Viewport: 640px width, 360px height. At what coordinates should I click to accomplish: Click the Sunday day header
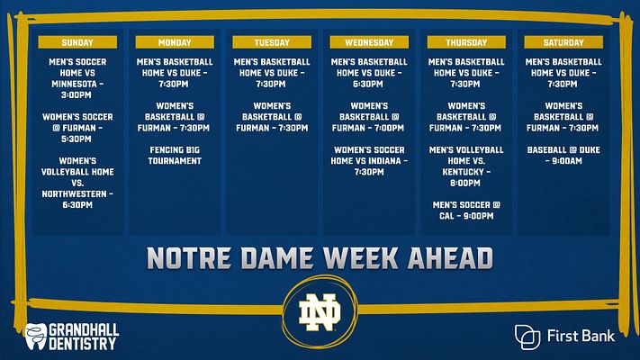77,42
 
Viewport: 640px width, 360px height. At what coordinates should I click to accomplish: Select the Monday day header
175,42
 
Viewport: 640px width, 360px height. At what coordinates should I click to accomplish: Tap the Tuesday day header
272,42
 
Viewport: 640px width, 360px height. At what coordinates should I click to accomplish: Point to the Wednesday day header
369,42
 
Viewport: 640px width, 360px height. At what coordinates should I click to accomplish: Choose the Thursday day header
466,42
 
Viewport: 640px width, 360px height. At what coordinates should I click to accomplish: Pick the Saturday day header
563,42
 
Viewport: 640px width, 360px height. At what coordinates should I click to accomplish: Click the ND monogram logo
320,312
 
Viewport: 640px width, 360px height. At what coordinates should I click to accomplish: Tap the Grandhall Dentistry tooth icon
35,337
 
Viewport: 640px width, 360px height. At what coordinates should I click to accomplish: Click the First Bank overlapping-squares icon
527,337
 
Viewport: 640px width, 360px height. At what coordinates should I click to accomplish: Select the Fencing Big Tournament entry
175,156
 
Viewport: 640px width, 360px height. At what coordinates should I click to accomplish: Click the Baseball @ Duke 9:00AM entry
563,156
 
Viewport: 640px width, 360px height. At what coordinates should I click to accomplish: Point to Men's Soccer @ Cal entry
466,211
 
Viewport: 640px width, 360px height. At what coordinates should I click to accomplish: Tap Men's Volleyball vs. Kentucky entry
466,166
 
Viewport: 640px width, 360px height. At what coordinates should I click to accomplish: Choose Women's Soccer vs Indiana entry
369,161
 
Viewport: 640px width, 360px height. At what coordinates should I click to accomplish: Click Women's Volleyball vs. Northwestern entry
77,183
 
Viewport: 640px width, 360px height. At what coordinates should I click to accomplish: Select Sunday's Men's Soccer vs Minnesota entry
77,78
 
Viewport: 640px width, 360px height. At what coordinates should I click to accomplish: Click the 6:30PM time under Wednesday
368,84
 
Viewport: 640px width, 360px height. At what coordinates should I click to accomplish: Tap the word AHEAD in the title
450,258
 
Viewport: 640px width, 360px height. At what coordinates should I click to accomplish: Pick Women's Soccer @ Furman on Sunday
77,128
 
